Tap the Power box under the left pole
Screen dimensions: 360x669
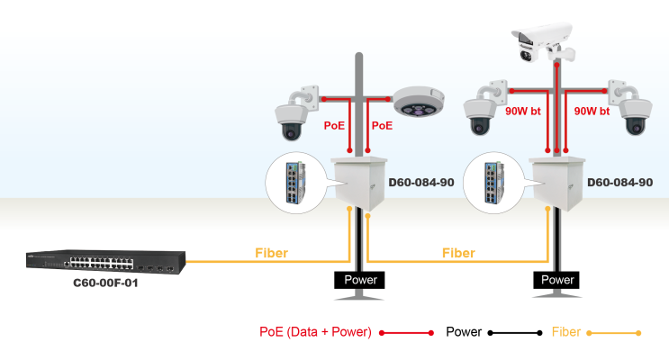359,280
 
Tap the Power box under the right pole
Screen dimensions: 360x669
557,280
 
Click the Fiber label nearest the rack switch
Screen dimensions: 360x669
271,253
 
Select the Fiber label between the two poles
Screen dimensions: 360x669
458,253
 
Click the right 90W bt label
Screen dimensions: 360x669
592,112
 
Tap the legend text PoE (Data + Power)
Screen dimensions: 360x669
315,332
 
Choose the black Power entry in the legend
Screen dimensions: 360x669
465,332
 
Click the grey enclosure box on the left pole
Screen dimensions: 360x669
359,183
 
